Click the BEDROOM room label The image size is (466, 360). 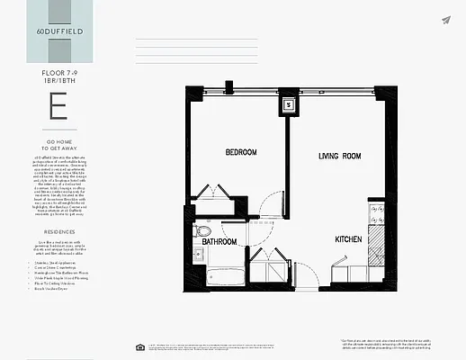point(240,153)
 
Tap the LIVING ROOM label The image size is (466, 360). point(339,156)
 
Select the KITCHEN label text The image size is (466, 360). point(349,239)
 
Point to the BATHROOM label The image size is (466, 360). point(219,242)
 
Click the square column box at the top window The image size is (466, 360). point(288,103)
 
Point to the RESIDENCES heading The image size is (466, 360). point(58,230)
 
